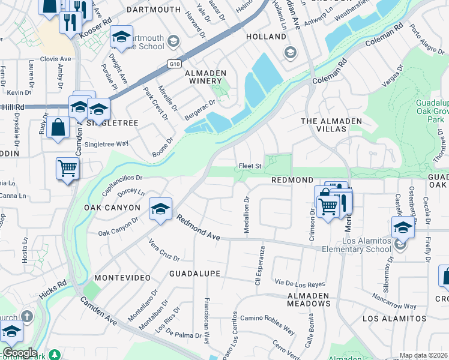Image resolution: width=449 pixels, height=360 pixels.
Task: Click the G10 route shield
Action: coord(172,63)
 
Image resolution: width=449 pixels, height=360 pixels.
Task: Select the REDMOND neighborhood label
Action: coord(292,180)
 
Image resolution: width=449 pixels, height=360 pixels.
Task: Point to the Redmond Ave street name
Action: coord(198,229)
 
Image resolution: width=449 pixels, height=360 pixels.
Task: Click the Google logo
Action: coord(20,353)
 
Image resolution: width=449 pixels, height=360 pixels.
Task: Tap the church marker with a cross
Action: coord(26,316)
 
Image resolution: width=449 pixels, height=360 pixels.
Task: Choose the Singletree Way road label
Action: coord(107,144)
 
